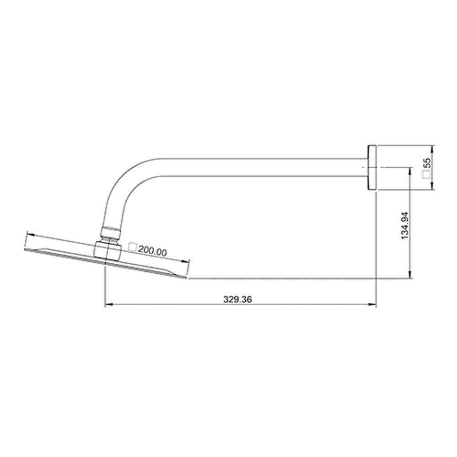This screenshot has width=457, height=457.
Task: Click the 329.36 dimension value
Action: tap(238, 300)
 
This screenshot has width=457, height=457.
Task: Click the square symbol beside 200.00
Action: tap(133, 247)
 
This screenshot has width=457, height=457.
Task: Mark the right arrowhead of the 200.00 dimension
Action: tap(186, 261)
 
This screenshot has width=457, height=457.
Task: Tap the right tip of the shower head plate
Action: tap(187, 276)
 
